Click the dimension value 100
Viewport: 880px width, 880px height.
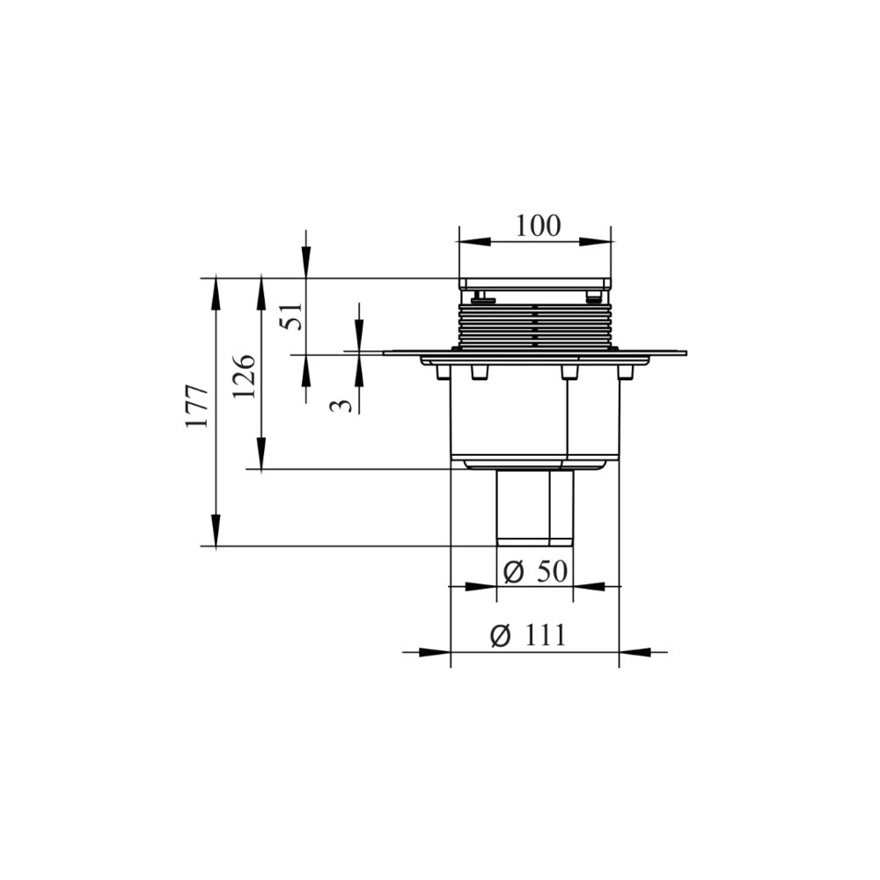[538, 226]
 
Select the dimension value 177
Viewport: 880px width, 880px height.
[197, 407]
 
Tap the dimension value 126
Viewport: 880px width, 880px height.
[245, 376]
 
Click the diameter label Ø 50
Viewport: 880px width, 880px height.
[535, 572]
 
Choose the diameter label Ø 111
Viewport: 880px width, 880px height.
[527, 636]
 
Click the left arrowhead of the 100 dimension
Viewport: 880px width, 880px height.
[475, 242]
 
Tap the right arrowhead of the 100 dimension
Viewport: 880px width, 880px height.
[595, 242]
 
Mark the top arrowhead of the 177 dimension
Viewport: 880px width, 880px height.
[216, 294]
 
